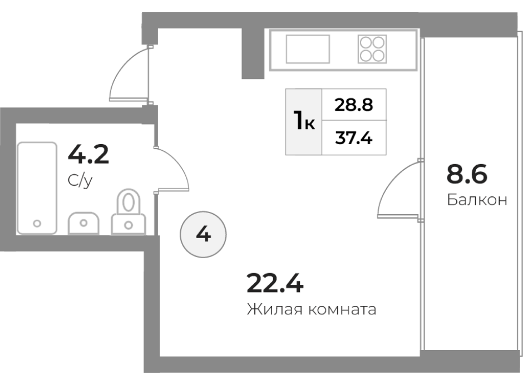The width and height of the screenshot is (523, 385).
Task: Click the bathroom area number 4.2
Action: pyautogui.click(x=88, y=155)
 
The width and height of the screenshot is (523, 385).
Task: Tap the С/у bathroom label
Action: pyautogui.click(x=80, y=181)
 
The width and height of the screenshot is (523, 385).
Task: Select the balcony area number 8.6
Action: pyautogui.click(x=467, y=174)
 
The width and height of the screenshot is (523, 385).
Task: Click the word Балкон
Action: pyautogui.click(x=477, y=200)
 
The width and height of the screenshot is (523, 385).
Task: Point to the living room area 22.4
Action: pyautogui.click(x=275, y=283)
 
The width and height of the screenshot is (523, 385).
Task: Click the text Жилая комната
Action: pyautogui.click(x=312, y=309)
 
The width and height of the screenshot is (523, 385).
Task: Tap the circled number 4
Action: pyautogui.click(x=203, y=234)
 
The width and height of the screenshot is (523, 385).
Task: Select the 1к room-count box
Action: pyautogui.click(x=304, y=122)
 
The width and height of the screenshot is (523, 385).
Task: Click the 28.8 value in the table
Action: pyautogui.click(x=353, y=105)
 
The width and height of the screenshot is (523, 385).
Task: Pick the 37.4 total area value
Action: pyautogui.click(x=353, y=138)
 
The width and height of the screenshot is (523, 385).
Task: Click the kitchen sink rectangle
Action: pyautogui.click(x=308, y=49)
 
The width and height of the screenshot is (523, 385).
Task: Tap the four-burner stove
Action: pyautogui.click(x=372, y=49)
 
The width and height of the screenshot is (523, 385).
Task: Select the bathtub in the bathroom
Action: pyautogui.click(x=37, y=188)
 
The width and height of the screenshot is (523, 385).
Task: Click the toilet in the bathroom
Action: pyautogui.click(x=129, y=211)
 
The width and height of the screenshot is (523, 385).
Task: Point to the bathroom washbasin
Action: pyautogui.click(x=83, y=223)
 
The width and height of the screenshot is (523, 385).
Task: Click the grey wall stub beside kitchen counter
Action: pyautogui.click(x=253, y=54)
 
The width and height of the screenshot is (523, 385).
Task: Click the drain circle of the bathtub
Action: pyautogui.click(x=37, y=224)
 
